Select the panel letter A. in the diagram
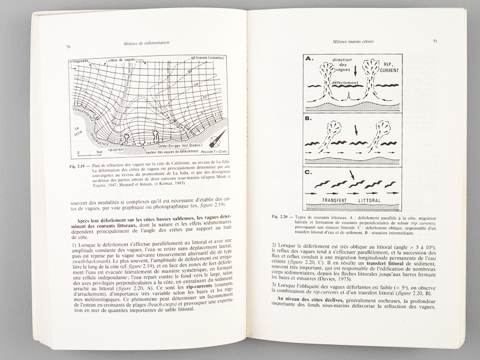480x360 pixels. tap(311, 60)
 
